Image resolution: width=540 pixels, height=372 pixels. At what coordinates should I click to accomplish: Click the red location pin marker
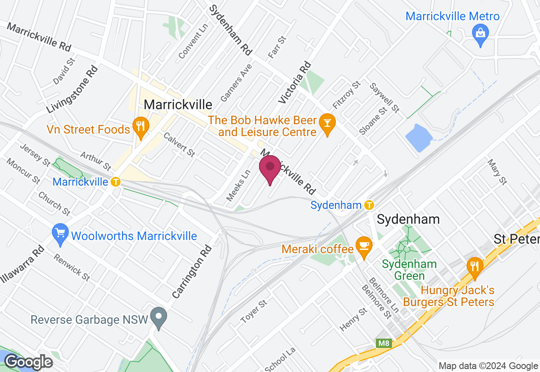(270, 168)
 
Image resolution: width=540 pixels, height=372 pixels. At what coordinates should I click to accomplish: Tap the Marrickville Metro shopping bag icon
(481, 32)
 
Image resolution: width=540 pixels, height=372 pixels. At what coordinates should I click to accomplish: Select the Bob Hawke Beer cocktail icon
(327, 123)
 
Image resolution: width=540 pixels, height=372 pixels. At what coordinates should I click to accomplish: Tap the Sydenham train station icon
(369, 205)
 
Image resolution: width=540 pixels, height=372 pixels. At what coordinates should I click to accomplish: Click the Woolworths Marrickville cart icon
(60, 232)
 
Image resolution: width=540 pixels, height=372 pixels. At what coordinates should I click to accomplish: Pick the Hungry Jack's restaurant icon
(475, 266)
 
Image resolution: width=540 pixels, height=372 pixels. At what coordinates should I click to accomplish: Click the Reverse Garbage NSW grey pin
(159, 317)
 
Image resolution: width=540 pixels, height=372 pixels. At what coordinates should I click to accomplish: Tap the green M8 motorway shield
(384, 343)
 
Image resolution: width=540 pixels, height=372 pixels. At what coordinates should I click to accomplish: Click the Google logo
(28, 362)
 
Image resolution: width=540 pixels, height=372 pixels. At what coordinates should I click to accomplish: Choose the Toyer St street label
(254, 312)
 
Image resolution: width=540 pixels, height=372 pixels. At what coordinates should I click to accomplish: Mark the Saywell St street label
(384, 97)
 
